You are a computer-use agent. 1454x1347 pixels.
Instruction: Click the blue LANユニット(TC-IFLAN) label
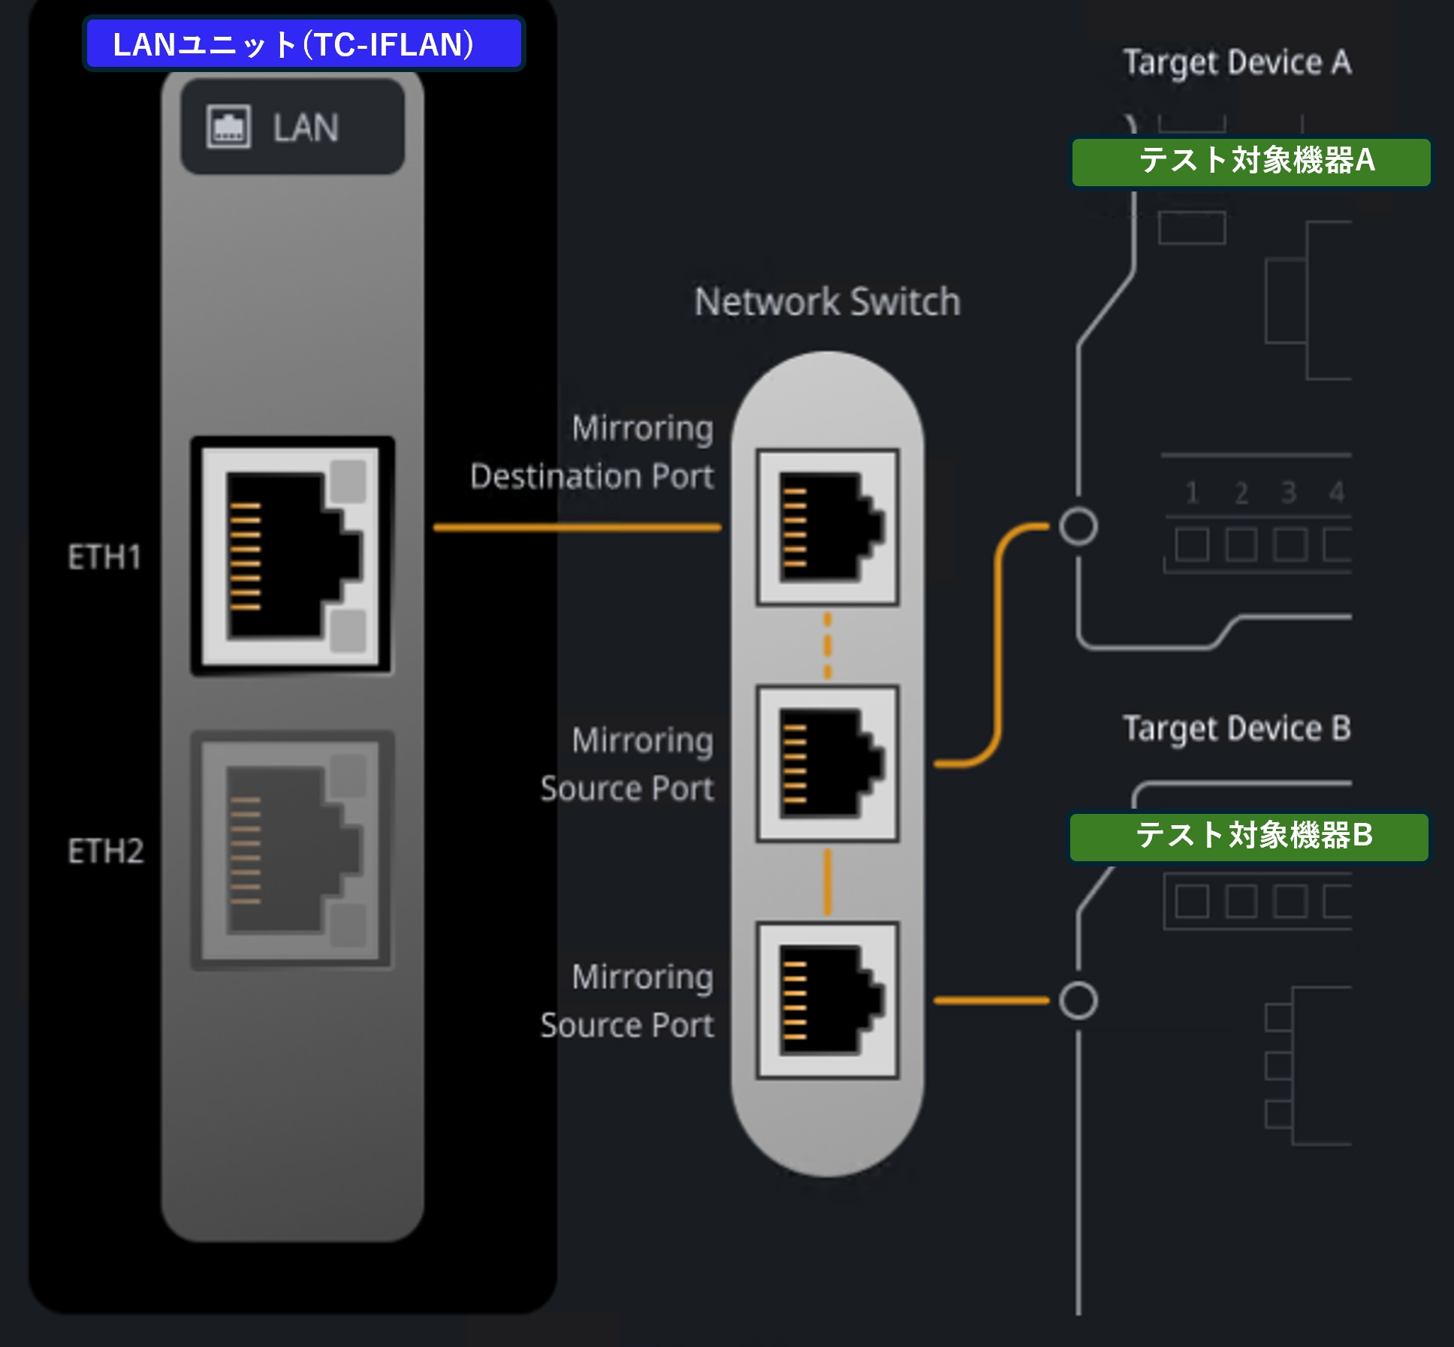(303, 44)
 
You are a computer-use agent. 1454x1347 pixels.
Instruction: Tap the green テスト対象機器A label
(1250, 161)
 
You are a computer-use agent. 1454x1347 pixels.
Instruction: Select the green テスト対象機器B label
(1249, 836)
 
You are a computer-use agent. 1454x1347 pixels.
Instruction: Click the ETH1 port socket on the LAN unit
(292, 556)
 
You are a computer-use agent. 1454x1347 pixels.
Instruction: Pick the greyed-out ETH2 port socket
(292, 850)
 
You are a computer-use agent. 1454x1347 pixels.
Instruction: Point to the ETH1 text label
(104, 557)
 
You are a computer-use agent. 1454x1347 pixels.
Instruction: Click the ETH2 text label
(105, 851)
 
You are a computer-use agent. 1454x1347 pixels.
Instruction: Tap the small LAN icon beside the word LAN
(228, 127)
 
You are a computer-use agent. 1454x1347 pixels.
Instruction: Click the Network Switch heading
(827, 302)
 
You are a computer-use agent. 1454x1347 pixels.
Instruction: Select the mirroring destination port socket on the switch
(828, 526)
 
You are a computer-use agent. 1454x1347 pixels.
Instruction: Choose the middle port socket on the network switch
(828, 764)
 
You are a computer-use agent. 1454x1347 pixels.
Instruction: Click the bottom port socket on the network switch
(828, 1000)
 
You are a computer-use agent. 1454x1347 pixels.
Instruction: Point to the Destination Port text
(592, 477)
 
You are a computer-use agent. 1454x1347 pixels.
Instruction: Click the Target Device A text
(1237, 62)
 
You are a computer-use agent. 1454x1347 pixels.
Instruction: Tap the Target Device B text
(1236, 728)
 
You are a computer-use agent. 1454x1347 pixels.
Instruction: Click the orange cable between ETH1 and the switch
(578, 528)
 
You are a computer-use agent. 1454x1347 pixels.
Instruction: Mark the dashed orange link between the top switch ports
(828, 646)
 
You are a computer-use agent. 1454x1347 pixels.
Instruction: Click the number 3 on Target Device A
(1289, 493)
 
